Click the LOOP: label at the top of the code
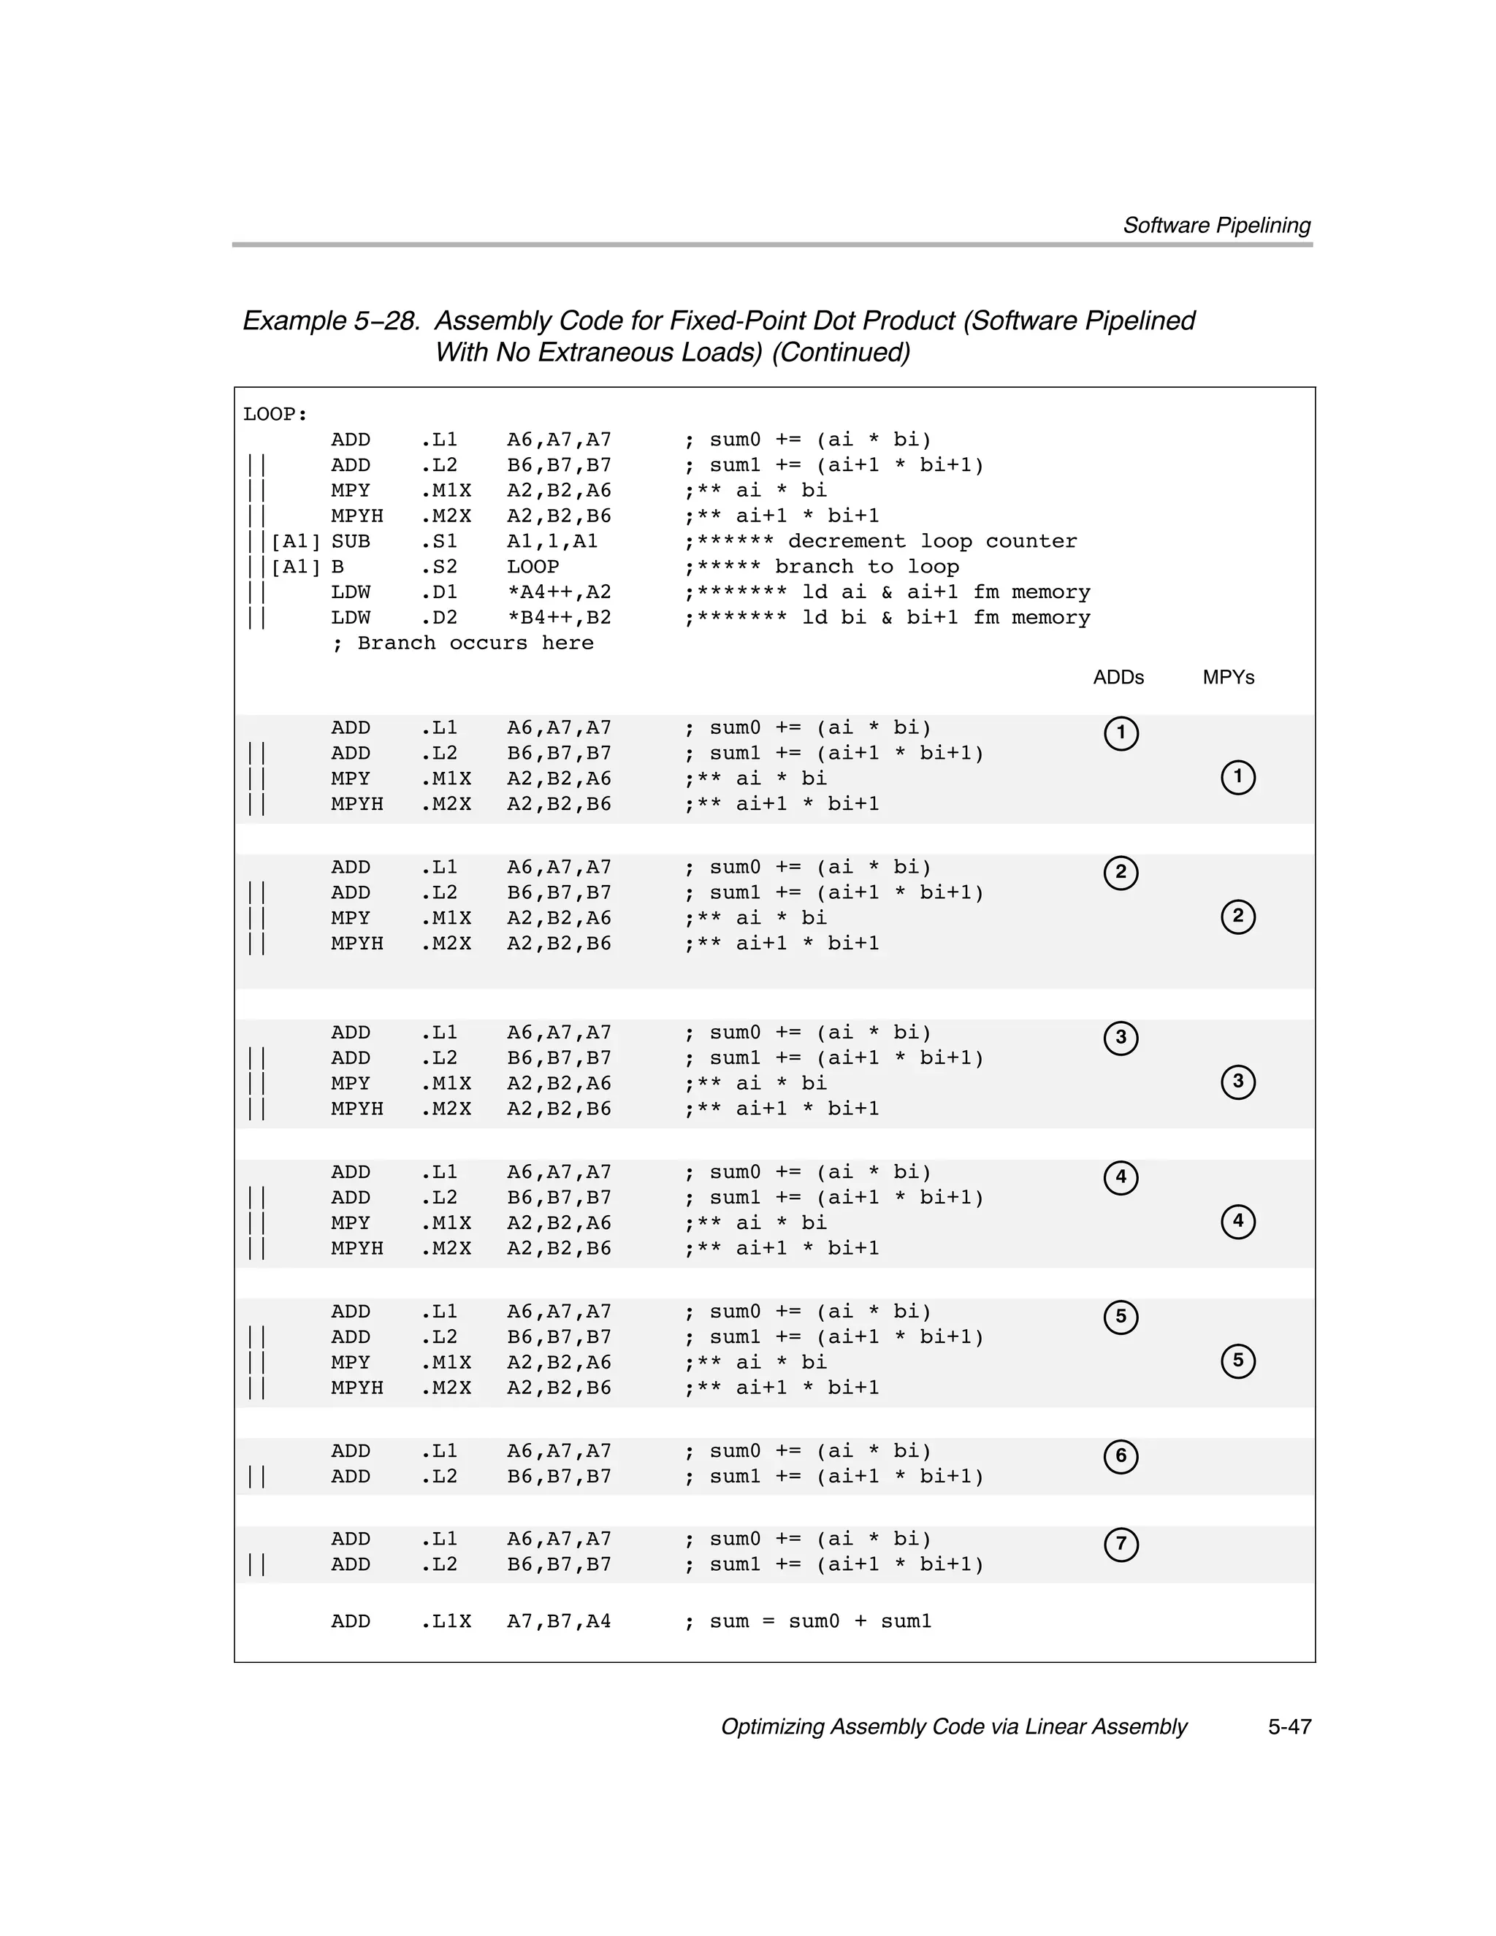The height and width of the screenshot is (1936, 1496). (x=275, y=414)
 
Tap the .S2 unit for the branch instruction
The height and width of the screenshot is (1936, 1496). (x=439, y=567)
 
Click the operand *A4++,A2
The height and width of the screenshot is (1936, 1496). (x=559, y=592)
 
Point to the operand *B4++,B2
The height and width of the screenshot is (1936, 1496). (x=559, y=618)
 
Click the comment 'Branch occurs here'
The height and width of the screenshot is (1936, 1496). (x=474, y=643)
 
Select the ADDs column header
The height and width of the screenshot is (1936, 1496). (x=1118, y=677)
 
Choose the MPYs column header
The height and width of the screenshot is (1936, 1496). (x=1228, y=677)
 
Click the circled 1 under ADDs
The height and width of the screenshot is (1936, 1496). (x=1121, y=733)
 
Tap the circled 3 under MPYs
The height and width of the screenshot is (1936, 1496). (x=1238, y=1082)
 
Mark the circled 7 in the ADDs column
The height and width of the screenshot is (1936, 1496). (x=1121, y=1544)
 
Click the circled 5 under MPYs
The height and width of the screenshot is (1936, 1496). (x=1238, y=1361)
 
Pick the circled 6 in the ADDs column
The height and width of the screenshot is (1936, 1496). (x=1121, y=1456)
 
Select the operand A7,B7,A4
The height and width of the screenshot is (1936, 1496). (x=559, y=1621)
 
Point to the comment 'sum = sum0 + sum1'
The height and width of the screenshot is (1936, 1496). (x=820, y=1621)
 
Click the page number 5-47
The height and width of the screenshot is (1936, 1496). (x=1289, y=1727)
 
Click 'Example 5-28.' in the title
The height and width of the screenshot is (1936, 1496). (x=331, y=321)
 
